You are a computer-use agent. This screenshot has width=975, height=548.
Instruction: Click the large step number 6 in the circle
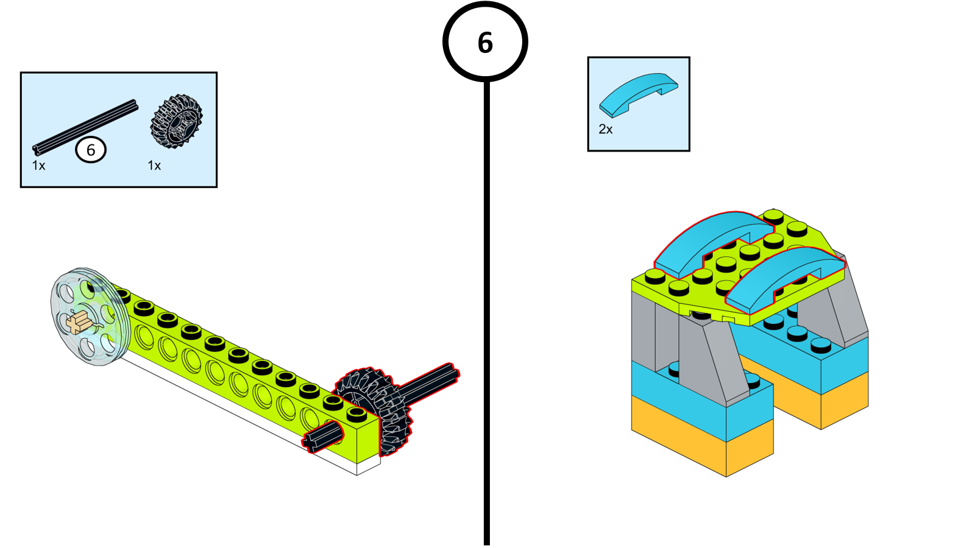pos(485,43)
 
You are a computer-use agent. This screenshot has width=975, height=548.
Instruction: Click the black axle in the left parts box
pos(85,127)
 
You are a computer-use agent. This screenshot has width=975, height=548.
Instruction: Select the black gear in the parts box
pos(176,121)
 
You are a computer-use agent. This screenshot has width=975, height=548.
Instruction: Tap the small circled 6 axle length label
pos(91,150)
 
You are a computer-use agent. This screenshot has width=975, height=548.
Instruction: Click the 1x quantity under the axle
pos(38,166)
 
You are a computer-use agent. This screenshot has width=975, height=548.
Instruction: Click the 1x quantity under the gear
pos(154,166)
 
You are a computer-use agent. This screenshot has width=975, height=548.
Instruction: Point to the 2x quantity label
pos(605,129)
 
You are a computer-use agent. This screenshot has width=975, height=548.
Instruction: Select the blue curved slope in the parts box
pos(637,94)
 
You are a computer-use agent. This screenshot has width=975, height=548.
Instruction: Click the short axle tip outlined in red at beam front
pos(323,438)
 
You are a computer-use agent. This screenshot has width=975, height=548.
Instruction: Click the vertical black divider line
pos(486,304)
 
